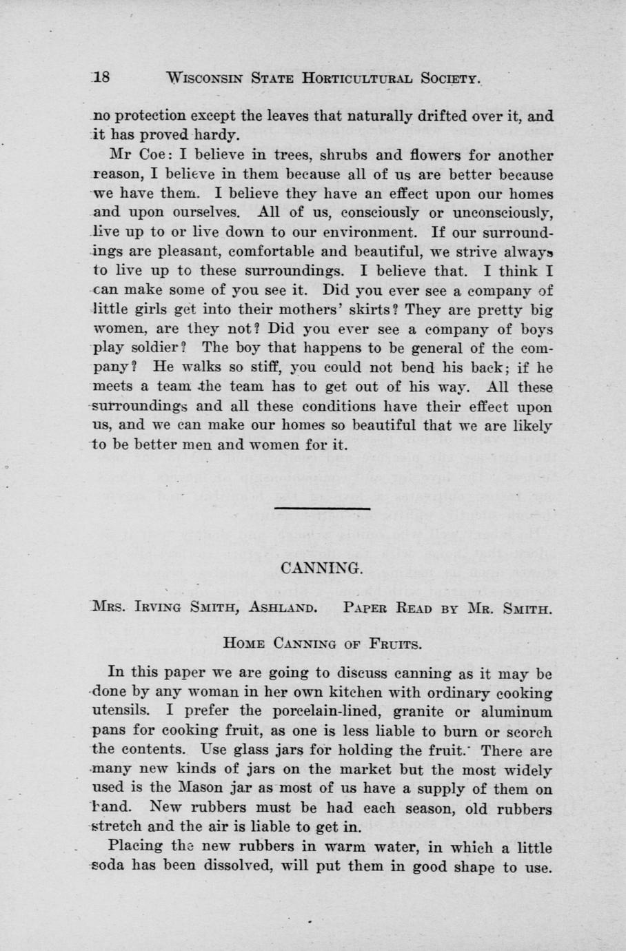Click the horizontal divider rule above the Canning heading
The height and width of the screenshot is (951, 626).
314,509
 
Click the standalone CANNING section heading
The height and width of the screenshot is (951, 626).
313,568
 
